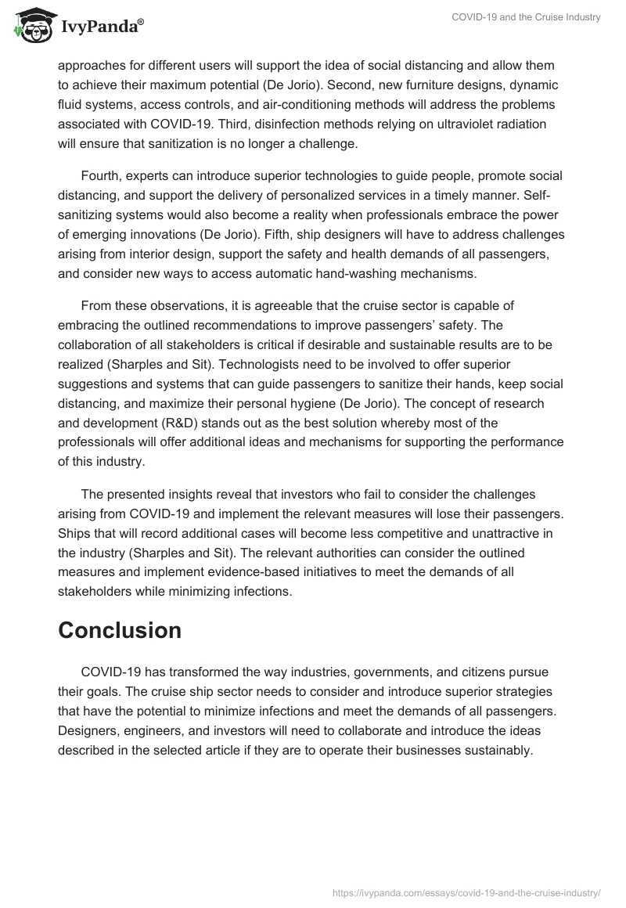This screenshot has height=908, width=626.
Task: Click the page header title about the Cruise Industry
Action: [x=526, y=17]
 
